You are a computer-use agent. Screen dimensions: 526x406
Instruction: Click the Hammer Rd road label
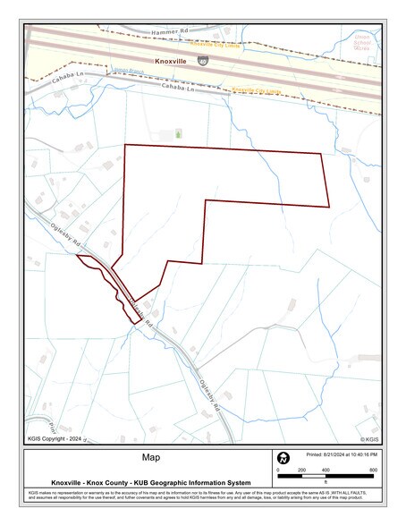172,32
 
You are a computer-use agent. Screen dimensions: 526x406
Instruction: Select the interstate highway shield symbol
205,60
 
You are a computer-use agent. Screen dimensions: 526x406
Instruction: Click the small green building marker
178,133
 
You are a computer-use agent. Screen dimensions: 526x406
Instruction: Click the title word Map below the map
150,458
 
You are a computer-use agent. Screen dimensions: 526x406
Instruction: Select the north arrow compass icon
283,458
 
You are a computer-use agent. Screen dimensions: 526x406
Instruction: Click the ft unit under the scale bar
326,483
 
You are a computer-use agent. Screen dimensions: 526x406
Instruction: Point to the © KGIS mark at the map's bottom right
368,439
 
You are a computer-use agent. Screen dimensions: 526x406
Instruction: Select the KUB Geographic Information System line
150,483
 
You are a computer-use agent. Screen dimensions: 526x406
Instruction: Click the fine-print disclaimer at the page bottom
203,497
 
